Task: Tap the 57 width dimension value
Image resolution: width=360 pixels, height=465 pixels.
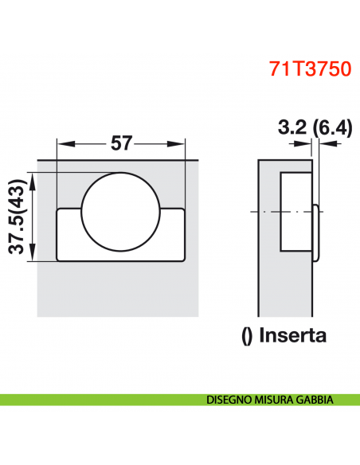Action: pyautogui.click(x=121, y=143)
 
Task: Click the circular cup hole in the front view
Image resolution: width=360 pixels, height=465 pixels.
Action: pyautogui.click(x=122, y=211)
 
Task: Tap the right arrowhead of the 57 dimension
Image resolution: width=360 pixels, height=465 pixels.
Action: pyautogui.click(x=179, y=143)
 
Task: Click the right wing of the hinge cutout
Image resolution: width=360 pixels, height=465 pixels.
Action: pyautogui.click(x=174, y=235)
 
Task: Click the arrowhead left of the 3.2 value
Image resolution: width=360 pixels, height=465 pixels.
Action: pyautogui.click(x=309, y=143)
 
